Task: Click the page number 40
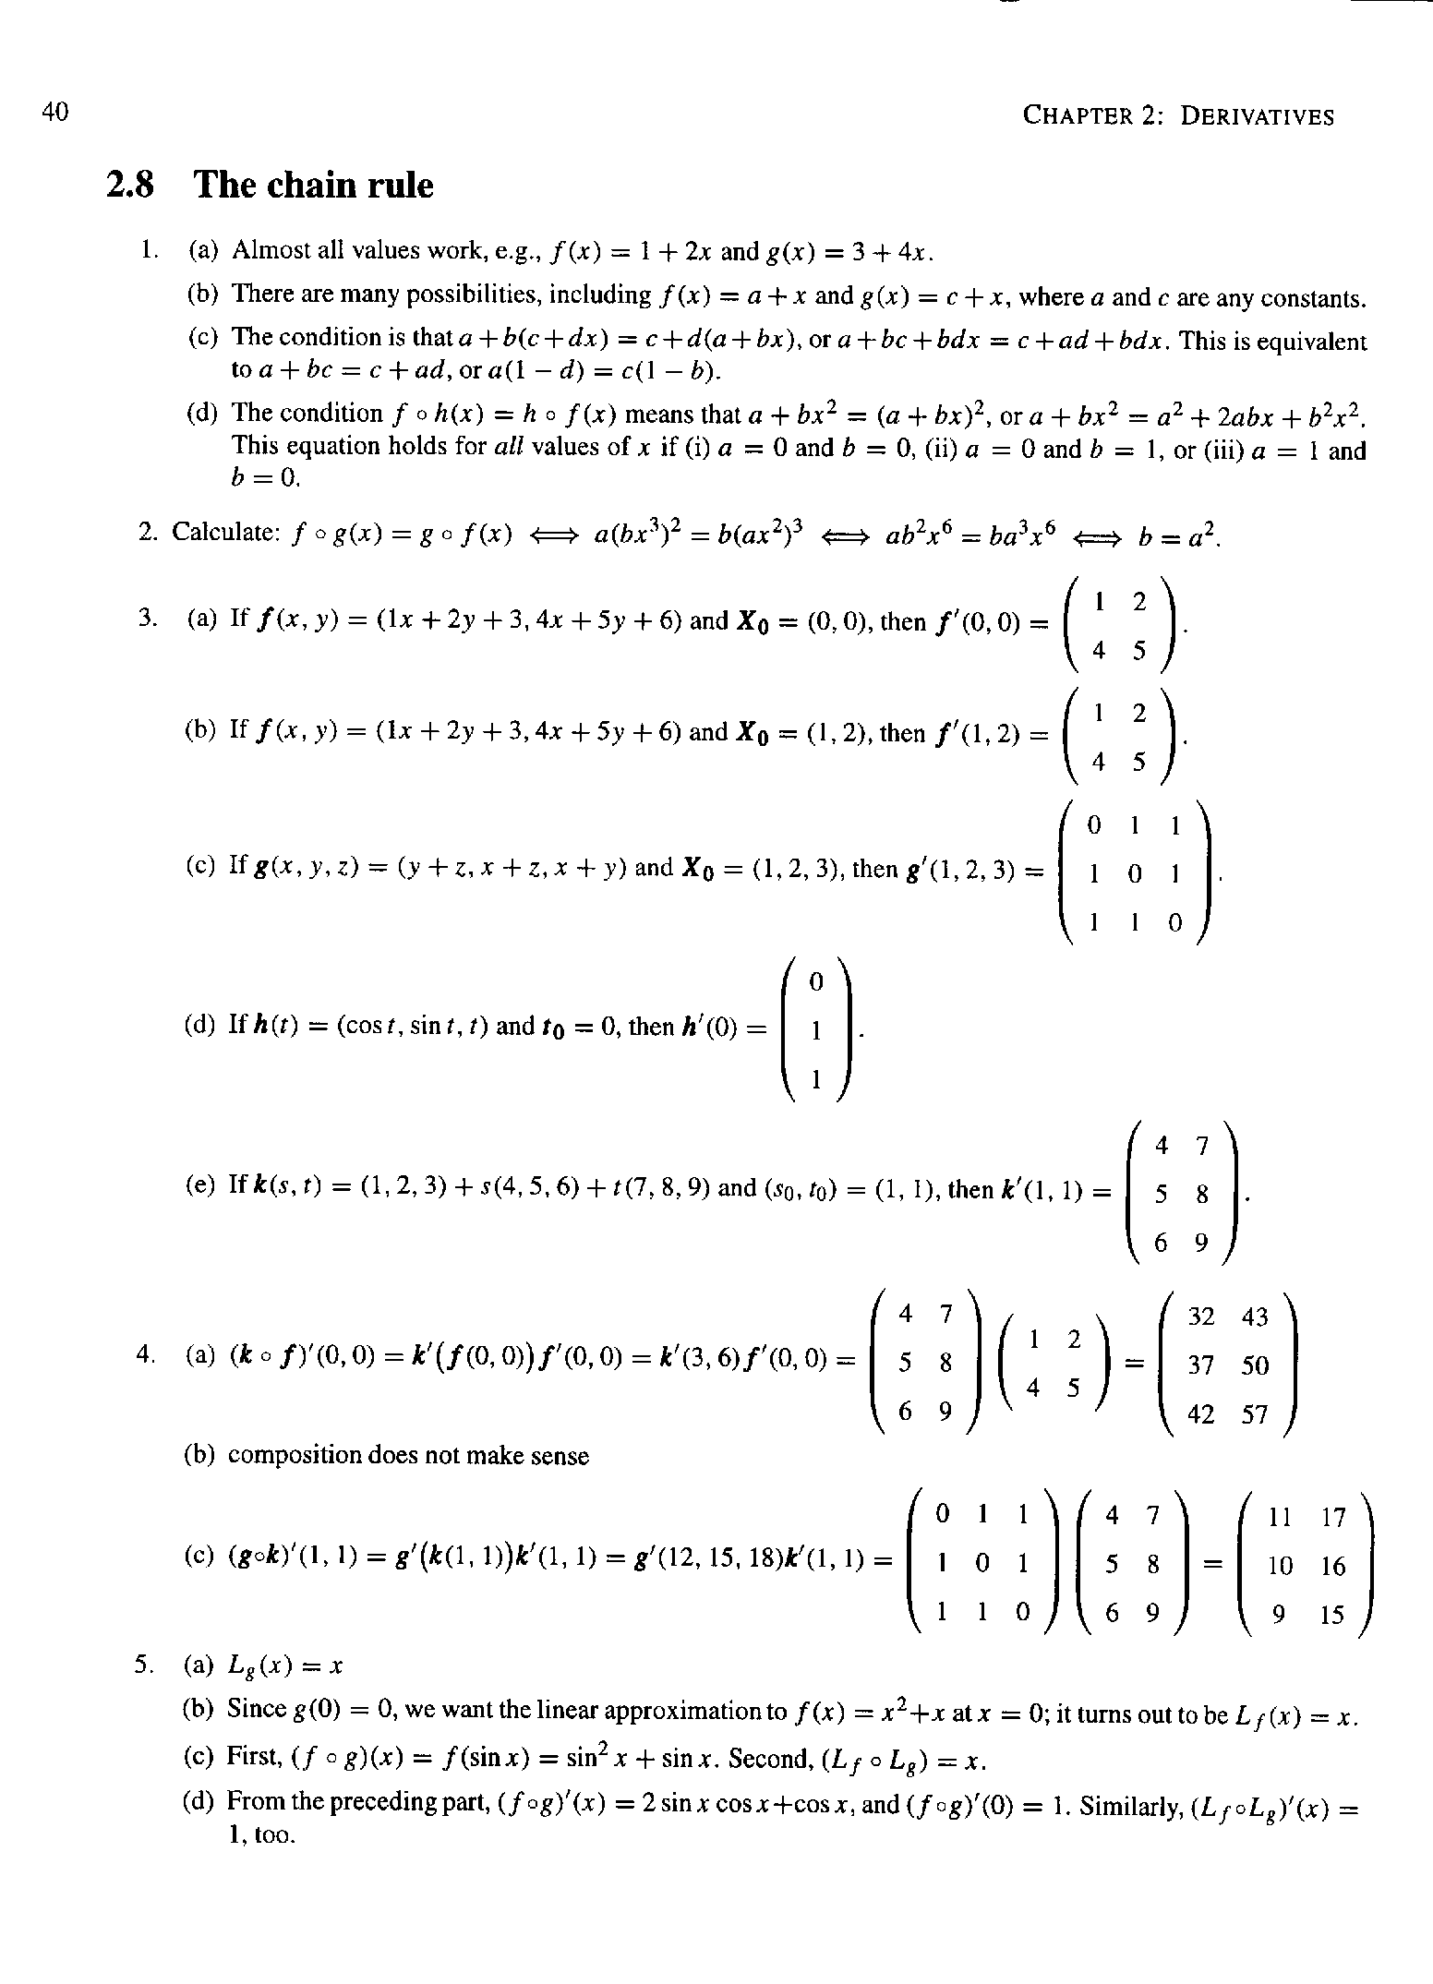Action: pos(55,112)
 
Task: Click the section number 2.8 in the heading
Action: pos(128,186)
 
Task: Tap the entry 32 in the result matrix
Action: pos(1200,1317)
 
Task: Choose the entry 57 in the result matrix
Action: pos(1255,1414)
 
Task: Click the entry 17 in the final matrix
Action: pos(1334,1517)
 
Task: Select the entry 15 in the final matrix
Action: pos(1332,1615)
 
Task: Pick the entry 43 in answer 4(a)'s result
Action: pos(1255,1317)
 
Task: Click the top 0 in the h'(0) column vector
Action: pos(815,984)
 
